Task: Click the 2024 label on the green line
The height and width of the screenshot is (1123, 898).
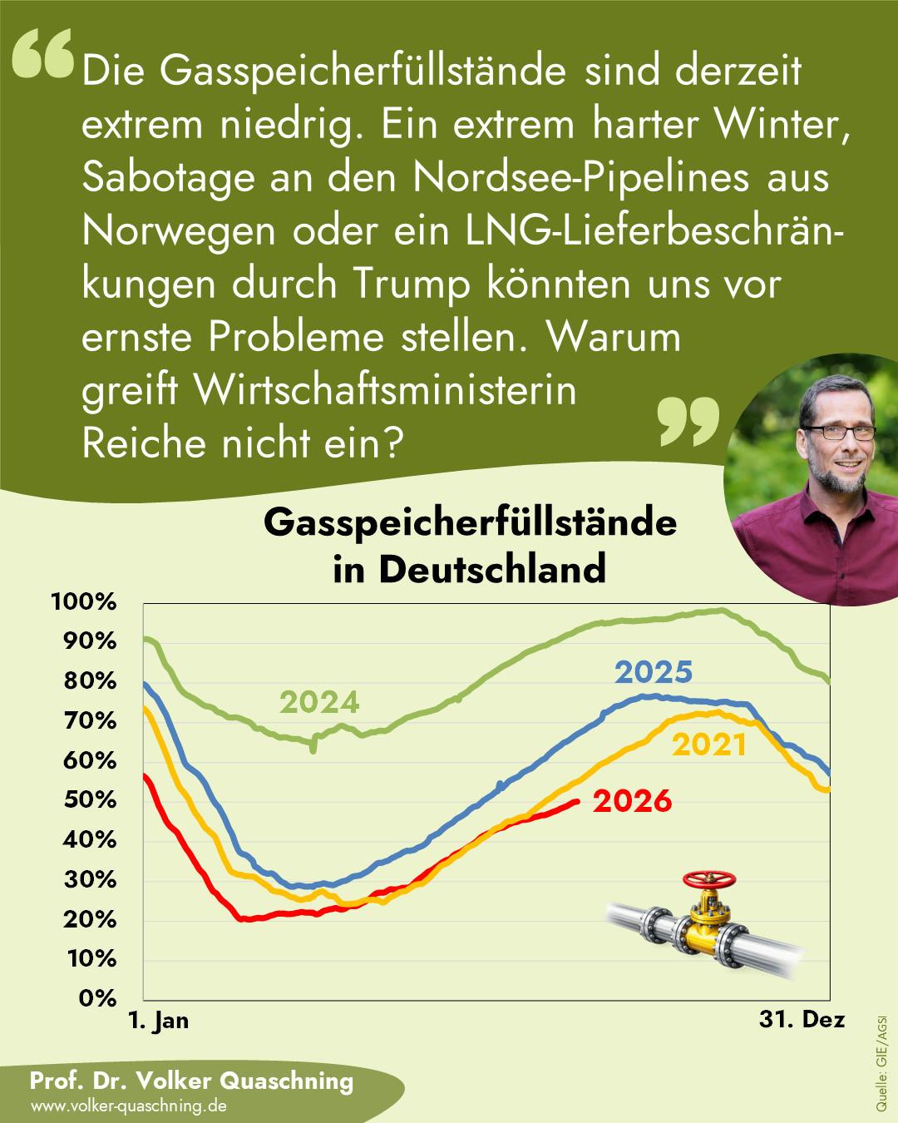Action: click(319, 702)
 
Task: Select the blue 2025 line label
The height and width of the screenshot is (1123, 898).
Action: click(654, 671)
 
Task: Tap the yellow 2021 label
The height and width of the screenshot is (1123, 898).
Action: click(709, 745)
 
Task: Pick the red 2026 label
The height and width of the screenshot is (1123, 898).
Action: click(633, 801)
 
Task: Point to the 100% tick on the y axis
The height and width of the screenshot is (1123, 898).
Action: click(83, 602)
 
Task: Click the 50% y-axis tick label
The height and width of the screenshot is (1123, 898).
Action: click(90, 800)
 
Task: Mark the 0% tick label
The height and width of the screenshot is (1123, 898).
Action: click(97, 998)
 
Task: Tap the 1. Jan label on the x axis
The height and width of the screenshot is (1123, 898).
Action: click(159, 1021)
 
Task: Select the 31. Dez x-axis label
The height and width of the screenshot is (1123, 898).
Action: click(802, 1019)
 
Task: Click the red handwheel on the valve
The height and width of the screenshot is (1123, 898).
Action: click(709, 878)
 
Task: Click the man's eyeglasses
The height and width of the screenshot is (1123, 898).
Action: click(839, 433)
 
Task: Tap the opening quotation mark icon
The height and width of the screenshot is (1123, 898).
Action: click(42, 53)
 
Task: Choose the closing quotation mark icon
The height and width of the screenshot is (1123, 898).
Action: click(688, 421)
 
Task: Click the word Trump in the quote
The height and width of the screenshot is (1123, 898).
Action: click(412, 284)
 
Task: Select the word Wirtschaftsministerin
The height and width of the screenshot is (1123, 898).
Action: click(386, 390)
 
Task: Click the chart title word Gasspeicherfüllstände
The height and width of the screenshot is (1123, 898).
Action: click(470, 522)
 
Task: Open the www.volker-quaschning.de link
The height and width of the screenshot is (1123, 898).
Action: click(128, 1106)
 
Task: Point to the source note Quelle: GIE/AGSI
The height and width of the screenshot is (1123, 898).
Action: click(881, 1069)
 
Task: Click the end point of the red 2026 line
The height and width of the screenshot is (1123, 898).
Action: click(576, 802)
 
